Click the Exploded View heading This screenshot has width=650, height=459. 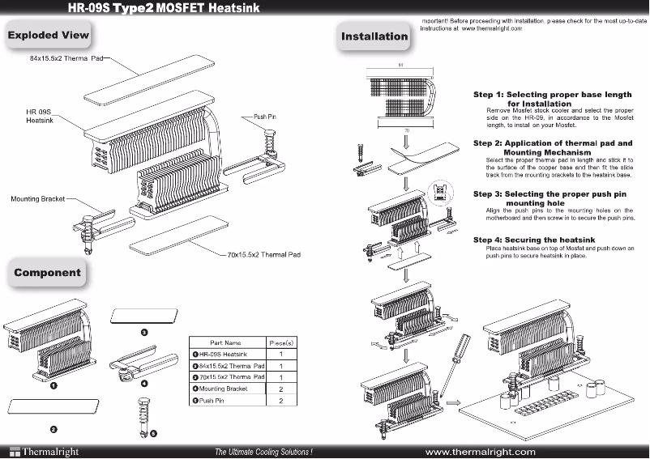[49, 36]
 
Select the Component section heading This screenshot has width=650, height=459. [48, 273]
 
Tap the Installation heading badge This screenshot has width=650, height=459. [374, 36]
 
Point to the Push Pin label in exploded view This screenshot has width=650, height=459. [266, 117]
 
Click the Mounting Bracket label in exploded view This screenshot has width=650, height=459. [38, 198]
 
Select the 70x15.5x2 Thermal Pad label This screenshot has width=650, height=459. [263, 254]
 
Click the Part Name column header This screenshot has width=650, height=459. [226, 342]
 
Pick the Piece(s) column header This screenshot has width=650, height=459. [280, 342]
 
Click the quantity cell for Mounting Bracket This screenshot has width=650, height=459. [280, 389]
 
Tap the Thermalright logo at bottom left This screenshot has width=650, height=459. [41, 451]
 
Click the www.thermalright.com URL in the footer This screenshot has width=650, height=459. [480, 451]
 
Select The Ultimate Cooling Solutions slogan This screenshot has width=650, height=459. [263, 451]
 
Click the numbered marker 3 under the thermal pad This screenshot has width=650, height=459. [143, 333]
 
